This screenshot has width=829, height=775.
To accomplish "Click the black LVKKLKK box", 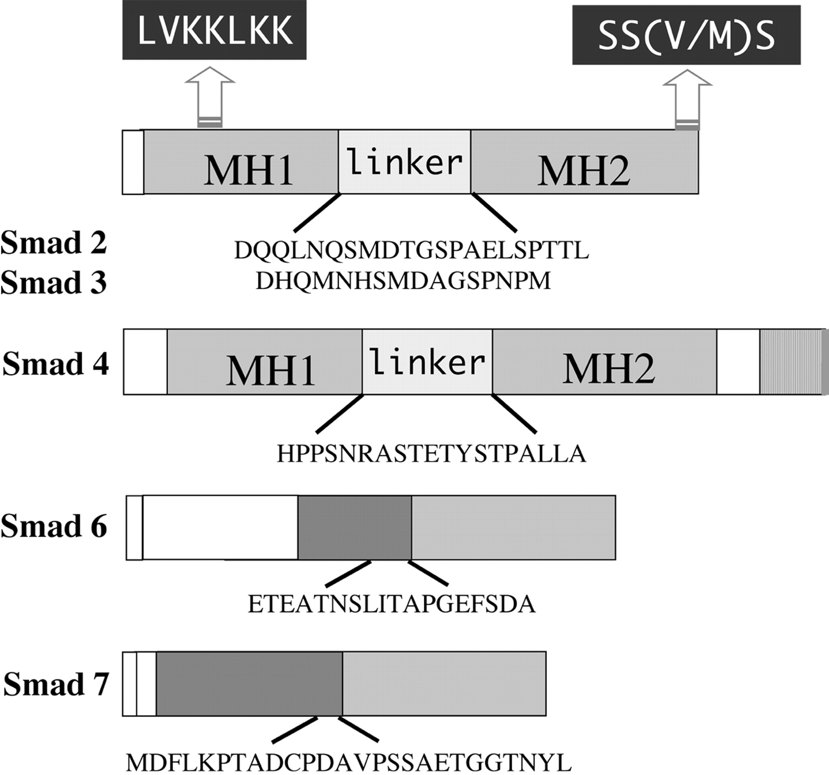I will point(214,30).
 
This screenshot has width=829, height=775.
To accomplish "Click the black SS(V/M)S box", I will point(686,35).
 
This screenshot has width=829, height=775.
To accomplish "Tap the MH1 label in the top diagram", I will point(249,171).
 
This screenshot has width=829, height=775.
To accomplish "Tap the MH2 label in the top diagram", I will point(584,171).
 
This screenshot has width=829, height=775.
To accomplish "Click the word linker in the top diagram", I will point(404,162).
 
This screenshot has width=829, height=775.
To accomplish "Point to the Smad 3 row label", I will point(54,282).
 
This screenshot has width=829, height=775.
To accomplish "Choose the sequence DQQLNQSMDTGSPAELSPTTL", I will point(411,251).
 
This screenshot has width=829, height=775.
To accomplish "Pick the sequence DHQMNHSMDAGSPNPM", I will point(403,281).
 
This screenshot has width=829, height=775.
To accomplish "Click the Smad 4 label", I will point(56,364).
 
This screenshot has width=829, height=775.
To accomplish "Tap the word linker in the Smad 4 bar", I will point(427,362).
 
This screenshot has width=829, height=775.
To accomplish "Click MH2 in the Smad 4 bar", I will point(608,369).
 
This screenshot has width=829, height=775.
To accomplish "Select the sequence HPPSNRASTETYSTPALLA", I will point(431,454).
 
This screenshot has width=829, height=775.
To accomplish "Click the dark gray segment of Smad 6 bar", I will point(355,527).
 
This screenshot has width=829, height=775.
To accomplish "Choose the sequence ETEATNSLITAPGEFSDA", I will point(391,604).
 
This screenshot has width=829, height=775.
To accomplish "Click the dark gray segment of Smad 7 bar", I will point(249,683).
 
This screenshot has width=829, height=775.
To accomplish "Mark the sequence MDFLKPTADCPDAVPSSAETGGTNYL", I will point(349,763).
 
